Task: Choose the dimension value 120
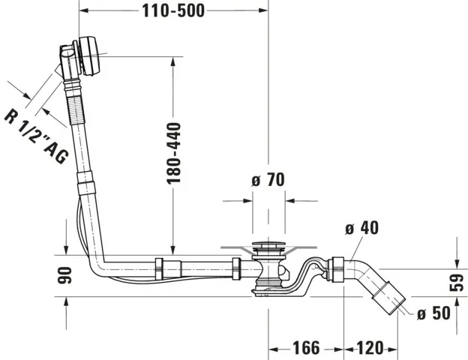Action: (371, 348)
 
